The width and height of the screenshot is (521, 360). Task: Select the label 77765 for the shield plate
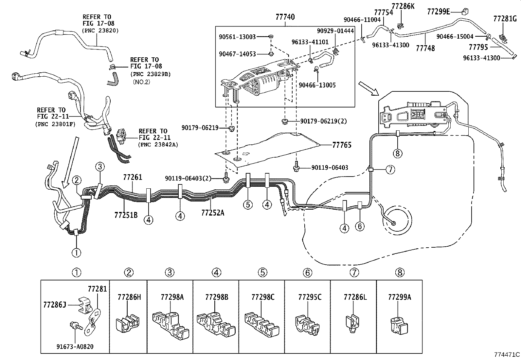point(342,145)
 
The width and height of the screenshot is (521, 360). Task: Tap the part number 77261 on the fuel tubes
point(133,177)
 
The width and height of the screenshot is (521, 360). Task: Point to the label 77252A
point(213,213)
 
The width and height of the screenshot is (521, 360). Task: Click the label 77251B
point(126,215)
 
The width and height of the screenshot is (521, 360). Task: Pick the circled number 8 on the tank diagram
point(397,153)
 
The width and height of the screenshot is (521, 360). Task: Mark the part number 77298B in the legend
point(216,297)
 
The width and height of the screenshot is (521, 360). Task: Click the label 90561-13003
point(237,37)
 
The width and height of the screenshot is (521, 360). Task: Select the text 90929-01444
point(335,31)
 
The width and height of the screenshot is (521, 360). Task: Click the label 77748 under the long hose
point(425,48)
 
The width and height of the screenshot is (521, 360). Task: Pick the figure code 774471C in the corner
point(507,354)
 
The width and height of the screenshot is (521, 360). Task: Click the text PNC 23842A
point(158,144)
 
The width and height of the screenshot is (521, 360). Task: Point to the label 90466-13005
point(317,85)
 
